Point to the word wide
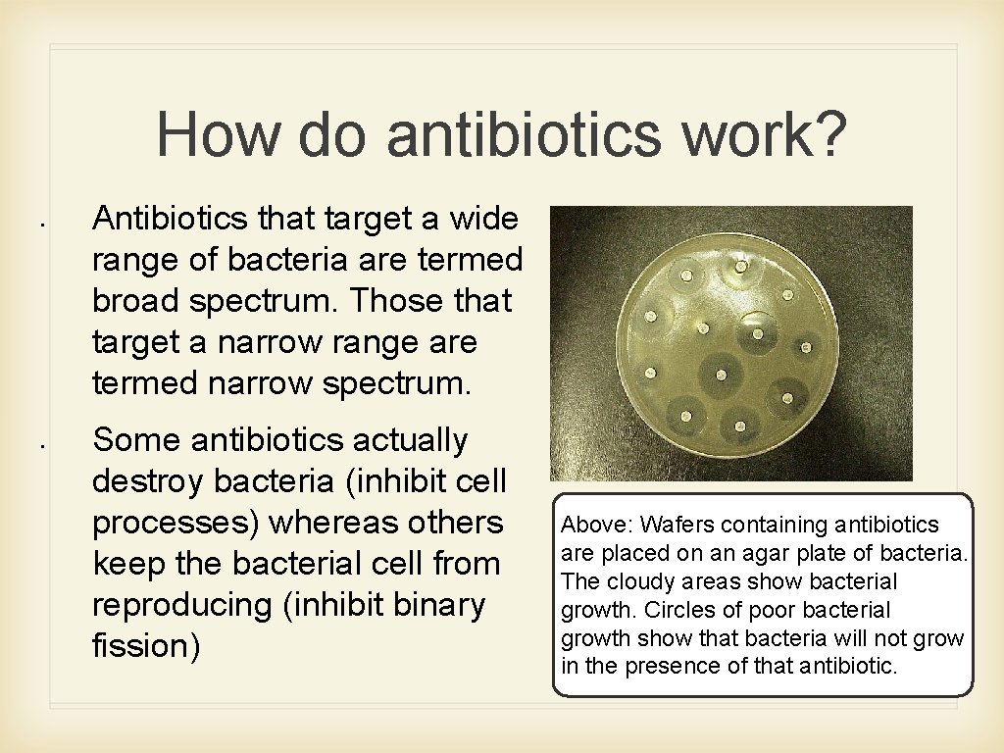(x=482, y=219)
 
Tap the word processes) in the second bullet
(x=175, y=523)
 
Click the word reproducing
(x=181, y=605)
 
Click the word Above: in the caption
(x=590, y=526)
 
